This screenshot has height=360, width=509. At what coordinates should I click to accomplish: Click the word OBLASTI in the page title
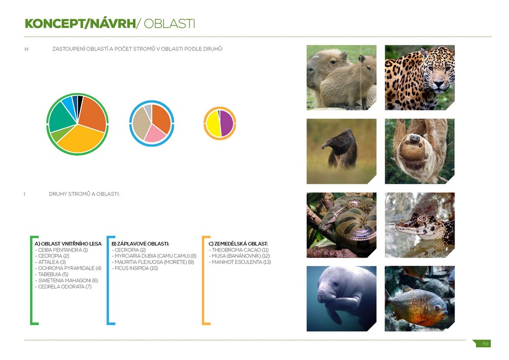pos(169,24)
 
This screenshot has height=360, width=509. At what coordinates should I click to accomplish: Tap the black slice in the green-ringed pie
pos(80,105)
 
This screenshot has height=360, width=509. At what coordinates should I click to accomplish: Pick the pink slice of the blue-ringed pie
pos(154,135)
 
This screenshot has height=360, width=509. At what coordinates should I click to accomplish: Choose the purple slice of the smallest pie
pos(227,123)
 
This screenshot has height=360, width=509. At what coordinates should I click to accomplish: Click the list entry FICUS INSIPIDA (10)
pos(135,268)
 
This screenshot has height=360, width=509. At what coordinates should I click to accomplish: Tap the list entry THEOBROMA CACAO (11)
pos(239,250)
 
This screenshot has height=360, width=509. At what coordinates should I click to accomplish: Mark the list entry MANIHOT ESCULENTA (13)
pos(240,262)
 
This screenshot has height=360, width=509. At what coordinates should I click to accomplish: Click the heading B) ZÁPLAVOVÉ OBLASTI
pos(140,244)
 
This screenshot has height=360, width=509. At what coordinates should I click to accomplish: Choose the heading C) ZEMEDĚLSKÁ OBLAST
pos(238,243)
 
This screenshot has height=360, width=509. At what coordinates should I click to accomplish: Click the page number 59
pos(485,344)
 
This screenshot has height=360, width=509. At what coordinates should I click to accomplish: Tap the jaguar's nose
pos(439,83)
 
